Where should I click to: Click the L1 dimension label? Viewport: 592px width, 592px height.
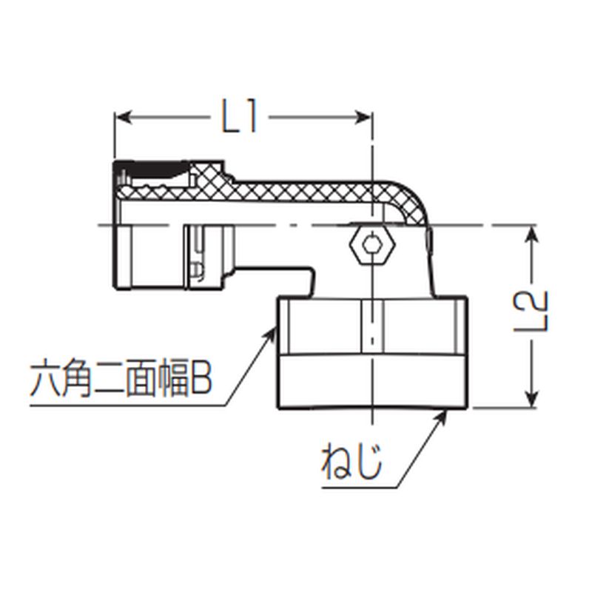239,116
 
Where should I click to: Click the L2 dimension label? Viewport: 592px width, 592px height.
531,311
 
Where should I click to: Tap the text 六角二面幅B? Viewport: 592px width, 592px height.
121,377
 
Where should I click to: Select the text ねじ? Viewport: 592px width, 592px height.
351,461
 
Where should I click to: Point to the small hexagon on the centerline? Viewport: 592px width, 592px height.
372,244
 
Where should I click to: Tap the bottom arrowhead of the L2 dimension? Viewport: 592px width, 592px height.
531,398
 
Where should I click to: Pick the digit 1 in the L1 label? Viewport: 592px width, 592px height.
251,116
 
